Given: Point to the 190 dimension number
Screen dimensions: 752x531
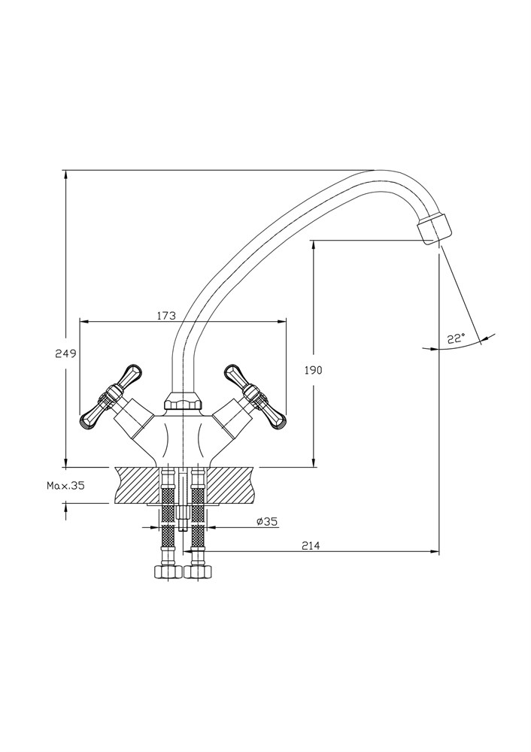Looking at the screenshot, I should (313, 370).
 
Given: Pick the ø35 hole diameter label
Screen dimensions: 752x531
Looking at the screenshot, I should (267, 521).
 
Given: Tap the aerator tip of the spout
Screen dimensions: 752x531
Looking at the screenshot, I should (435, 227).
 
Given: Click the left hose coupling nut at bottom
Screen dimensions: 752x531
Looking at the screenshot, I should (165, 572).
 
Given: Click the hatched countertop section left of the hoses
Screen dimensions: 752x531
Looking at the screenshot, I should (135, 485).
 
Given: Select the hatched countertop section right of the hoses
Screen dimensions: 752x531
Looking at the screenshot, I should (229, 485).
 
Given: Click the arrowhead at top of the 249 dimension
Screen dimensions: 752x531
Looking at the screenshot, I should (66, 174).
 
